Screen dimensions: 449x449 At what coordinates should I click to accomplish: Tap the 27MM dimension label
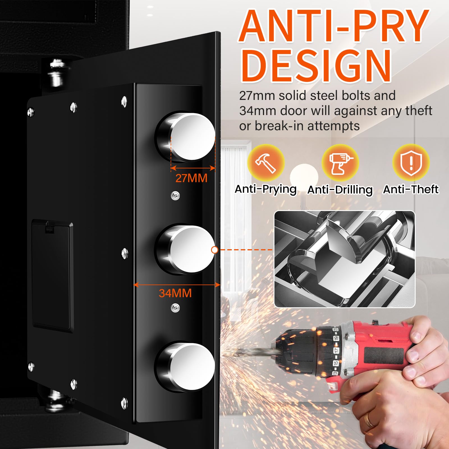click(191, 178)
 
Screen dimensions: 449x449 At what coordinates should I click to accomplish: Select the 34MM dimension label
click(175, 293)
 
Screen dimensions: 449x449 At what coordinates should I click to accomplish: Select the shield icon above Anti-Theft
click(411, 162)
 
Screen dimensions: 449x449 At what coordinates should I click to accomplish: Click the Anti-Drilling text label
click(340, 190)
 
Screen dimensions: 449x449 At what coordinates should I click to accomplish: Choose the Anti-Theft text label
click(411, 189)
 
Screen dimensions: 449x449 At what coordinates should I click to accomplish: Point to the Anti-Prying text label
click(266, 189)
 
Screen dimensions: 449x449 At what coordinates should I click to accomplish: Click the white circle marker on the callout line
click(215, 249)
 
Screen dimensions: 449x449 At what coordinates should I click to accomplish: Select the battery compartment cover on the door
click(53, 275)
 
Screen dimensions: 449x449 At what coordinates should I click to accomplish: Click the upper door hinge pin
click(56, 74)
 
